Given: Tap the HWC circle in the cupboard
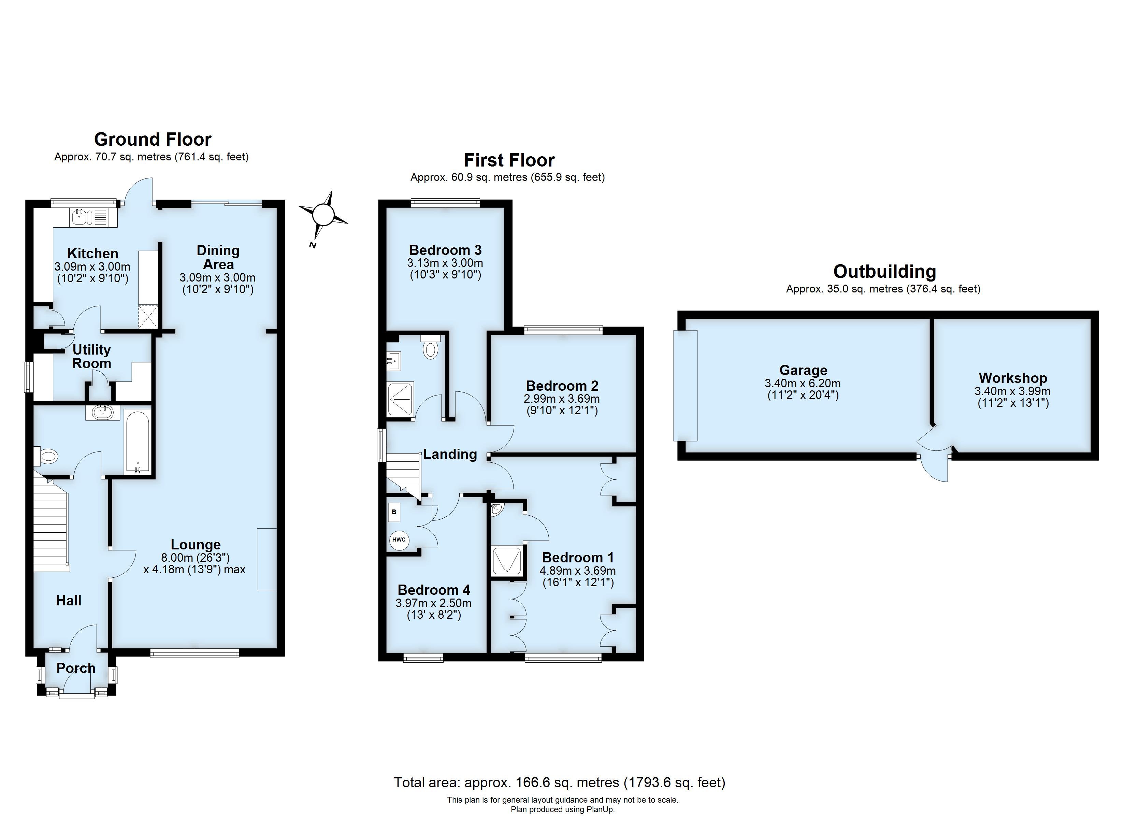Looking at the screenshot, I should [x=399, y=540].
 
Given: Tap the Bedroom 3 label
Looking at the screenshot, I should [x=445, y=250].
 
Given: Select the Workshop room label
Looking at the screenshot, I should [x=1012, y=378].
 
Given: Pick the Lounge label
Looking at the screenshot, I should [x=196, y=545].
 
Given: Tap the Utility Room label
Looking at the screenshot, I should [x=91, y=357].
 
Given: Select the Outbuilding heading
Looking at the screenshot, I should [x=884, y=272].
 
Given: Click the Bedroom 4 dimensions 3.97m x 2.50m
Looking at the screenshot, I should [x=433, y=603].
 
